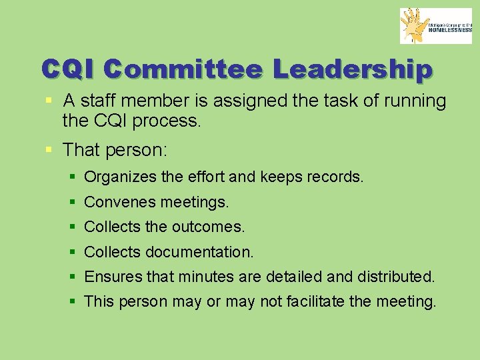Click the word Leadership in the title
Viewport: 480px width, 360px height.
coord(353,69)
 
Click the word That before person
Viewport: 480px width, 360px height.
coord(81,150)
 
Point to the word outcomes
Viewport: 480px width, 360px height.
coord(208,227)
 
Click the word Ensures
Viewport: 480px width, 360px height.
coord(109,277)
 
